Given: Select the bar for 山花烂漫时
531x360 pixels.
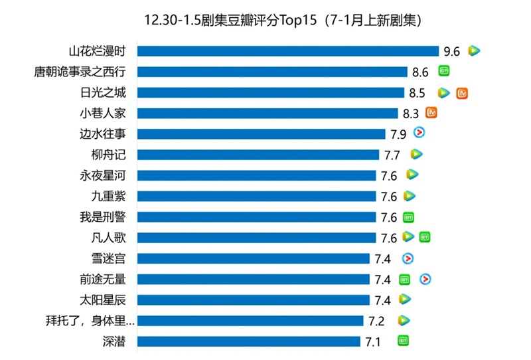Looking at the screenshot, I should tap(289, 51).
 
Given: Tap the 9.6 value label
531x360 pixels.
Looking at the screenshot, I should tap(452, 51).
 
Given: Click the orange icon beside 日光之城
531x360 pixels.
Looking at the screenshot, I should tap(463, 93).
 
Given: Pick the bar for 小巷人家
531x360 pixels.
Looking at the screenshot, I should tap(269, 113).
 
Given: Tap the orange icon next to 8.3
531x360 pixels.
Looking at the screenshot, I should tap(431, 113).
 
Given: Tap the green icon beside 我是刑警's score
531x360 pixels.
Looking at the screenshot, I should tap(409, 217).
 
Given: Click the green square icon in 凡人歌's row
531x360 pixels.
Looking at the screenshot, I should tap(425, 237).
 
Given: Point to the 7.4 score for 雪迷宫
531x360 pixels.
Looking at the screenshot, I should tap(383, 258).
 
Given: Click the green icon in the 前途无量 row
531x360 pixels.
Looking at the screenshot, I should tap(405, 280).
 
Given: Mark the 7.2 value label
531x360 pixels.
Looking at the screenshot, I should tap(377, 321).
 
